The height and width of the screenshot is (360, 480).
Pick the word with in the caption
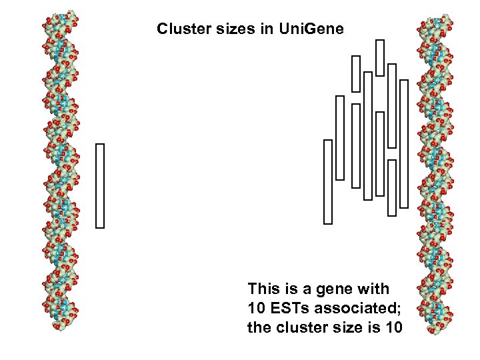coord(374,289)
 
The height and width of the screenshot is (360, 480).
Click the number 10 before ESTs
coord(255,308)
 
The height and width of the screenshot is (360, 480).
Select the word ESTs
coord(289,308)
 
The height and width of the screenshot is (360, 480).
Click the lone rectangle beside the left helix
coord(100,185)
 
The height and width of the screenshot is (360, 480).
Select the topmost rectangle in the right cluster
coord(380,57)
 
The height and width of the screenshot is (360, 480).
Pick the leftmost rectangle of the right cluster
coord(327,181)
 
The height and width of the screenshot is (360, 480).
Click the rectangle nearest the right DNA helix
coord(403,143)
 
